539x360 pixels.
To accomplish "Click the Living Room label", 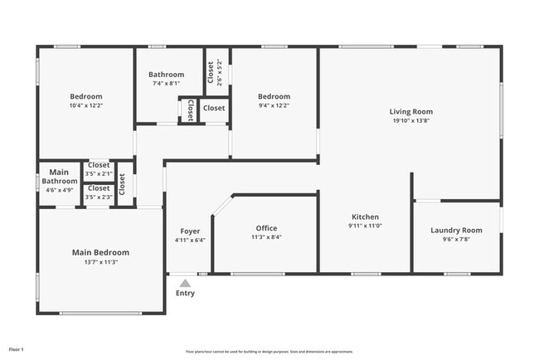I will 411,111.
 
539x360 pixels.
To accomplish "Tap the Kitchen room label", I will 365,216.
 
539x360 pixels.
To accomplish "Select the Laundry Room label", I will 456,230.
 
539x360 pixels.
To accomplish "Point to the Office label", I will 266,228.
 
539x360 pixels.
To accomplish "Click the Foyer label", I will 190,231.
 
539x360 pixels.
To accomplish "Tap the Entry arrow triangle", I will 184,283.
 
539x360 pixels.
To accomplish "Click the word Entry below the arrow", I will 185,293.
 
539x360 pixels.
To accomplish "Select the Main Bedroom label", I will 100,252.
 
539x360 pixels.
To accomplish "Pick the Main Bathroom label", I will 60,176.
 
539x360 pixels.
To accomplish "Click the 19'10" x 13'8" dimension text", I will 411,120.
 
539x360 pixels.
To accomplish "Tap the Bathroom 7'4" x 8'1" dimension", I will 166,83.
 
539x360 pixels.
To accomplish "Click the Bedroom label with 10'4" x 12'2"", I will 85,96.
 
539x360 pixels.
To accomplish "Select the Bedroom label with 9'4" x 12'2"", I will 274,96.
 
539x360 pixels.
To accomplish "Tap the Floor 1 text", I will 17,349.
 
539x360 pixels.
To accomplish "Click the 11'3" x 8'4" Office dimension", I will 266,237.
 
